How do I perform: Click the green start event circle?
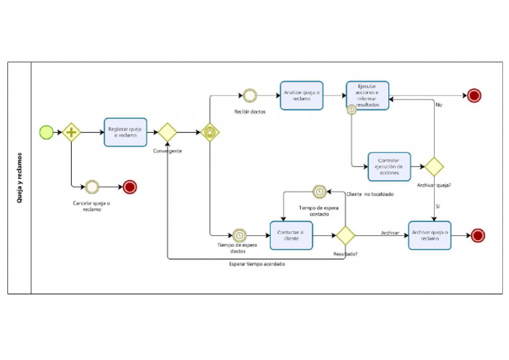point(46,132)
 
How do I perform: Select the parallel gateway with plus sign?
point(72,132)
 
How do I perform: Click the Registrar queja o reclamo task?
point(125,132)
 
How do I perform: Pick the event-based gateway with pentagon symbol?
point(210,132)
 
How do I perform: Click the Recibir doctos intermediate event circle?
point(250,95)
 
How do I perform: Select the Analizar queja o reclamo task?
point(302,95)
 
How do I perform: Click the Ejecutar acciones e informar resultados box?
point(367,95)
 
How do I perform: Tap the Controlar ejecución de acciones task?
point(389,166)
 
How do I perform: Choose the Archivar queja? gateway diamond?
point(434,166)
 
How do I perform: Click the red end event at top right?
point(474,95)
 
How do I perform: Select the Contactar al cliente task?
point(292,235)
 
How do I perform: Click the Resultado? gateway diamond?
point(345,235)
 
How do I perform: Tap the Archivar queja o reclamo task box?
point(429,235)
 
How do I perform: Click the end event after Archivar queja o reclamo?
point(477,235)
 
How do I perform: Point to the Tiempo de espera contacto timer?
point(319,192)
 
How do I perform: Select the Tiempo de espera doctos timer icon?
point(239,235)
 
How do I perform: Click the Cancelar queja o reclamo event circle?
point(91,187)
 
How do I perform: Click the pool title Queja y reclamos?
point(19,178)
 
